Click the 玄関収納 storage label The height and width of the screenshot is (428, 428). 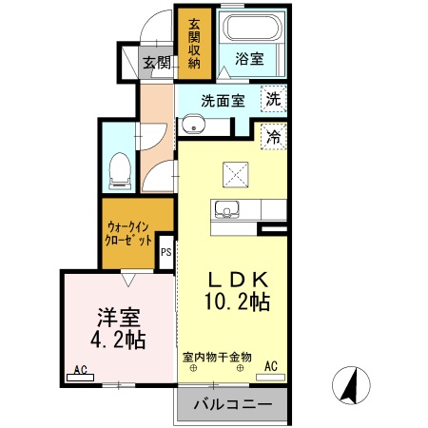194,43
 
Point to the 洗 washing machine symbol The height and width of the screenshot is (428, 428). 273,99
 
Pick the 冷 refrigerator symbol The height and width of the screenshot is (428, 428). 273,136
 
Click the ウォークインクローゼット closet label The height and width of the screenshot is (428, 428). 128,233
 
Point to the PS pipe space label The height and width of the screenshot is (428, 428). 165,252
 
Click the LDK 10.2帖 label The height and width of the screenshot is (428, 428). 238,292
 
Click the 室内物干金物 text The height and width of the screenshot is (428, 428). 218,357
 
